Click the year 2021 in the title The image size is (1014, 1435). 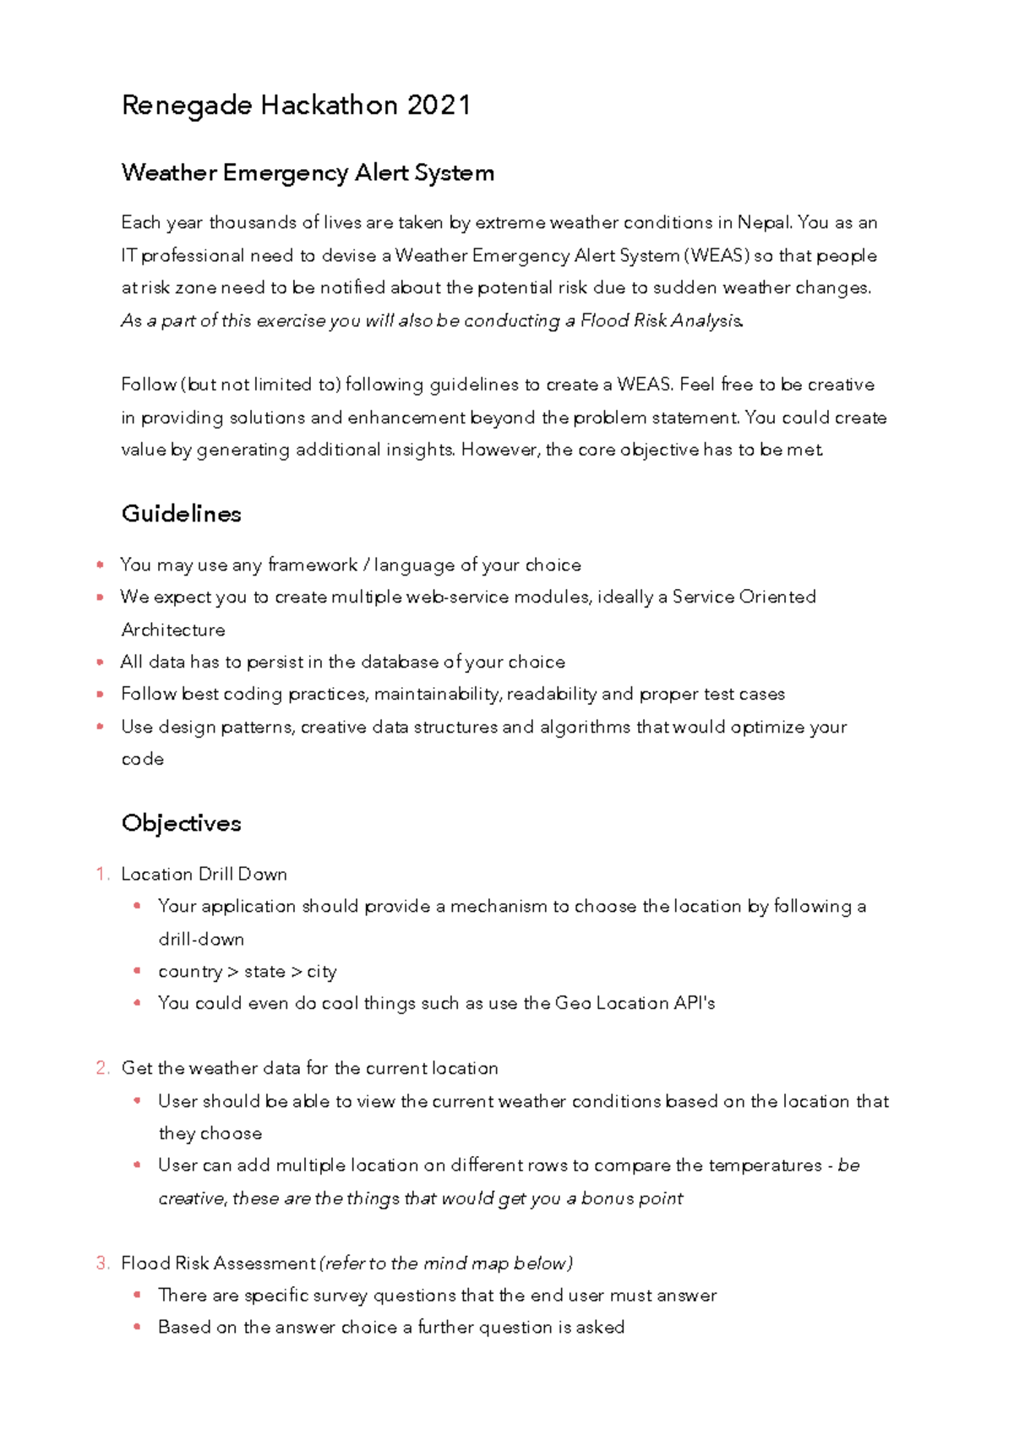[439, 106]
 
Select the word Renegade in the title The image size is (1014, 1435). [187, 106]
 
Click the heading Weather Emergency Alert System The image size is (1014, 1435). [308, 173]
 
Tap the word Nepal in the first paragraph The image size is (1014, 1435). [764, 223]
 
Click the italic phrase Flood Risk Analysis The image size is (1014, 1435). [661, 321]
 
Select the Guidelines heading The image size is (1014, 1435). [181, 514]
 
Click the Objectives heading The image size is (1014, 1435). [181, 823]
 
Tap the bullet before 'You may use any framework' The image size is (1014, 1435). [101, 565]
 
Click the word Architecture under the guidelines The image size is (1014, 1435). [173, 630]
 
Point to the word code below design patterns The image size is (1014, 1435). [142, 759]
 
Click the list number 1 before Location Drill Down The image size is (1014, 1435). [102, 875]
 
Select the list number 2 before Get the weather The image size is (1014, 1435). [102, 1069]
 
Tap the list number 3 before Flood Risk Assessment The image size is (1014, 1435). [102, 1263]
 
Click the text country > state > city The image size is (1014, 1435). [247, 972]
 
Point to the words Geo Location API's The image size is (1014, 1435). [635, 1004]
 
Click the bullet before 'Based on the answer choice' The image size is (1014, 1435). [137, 1328]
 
